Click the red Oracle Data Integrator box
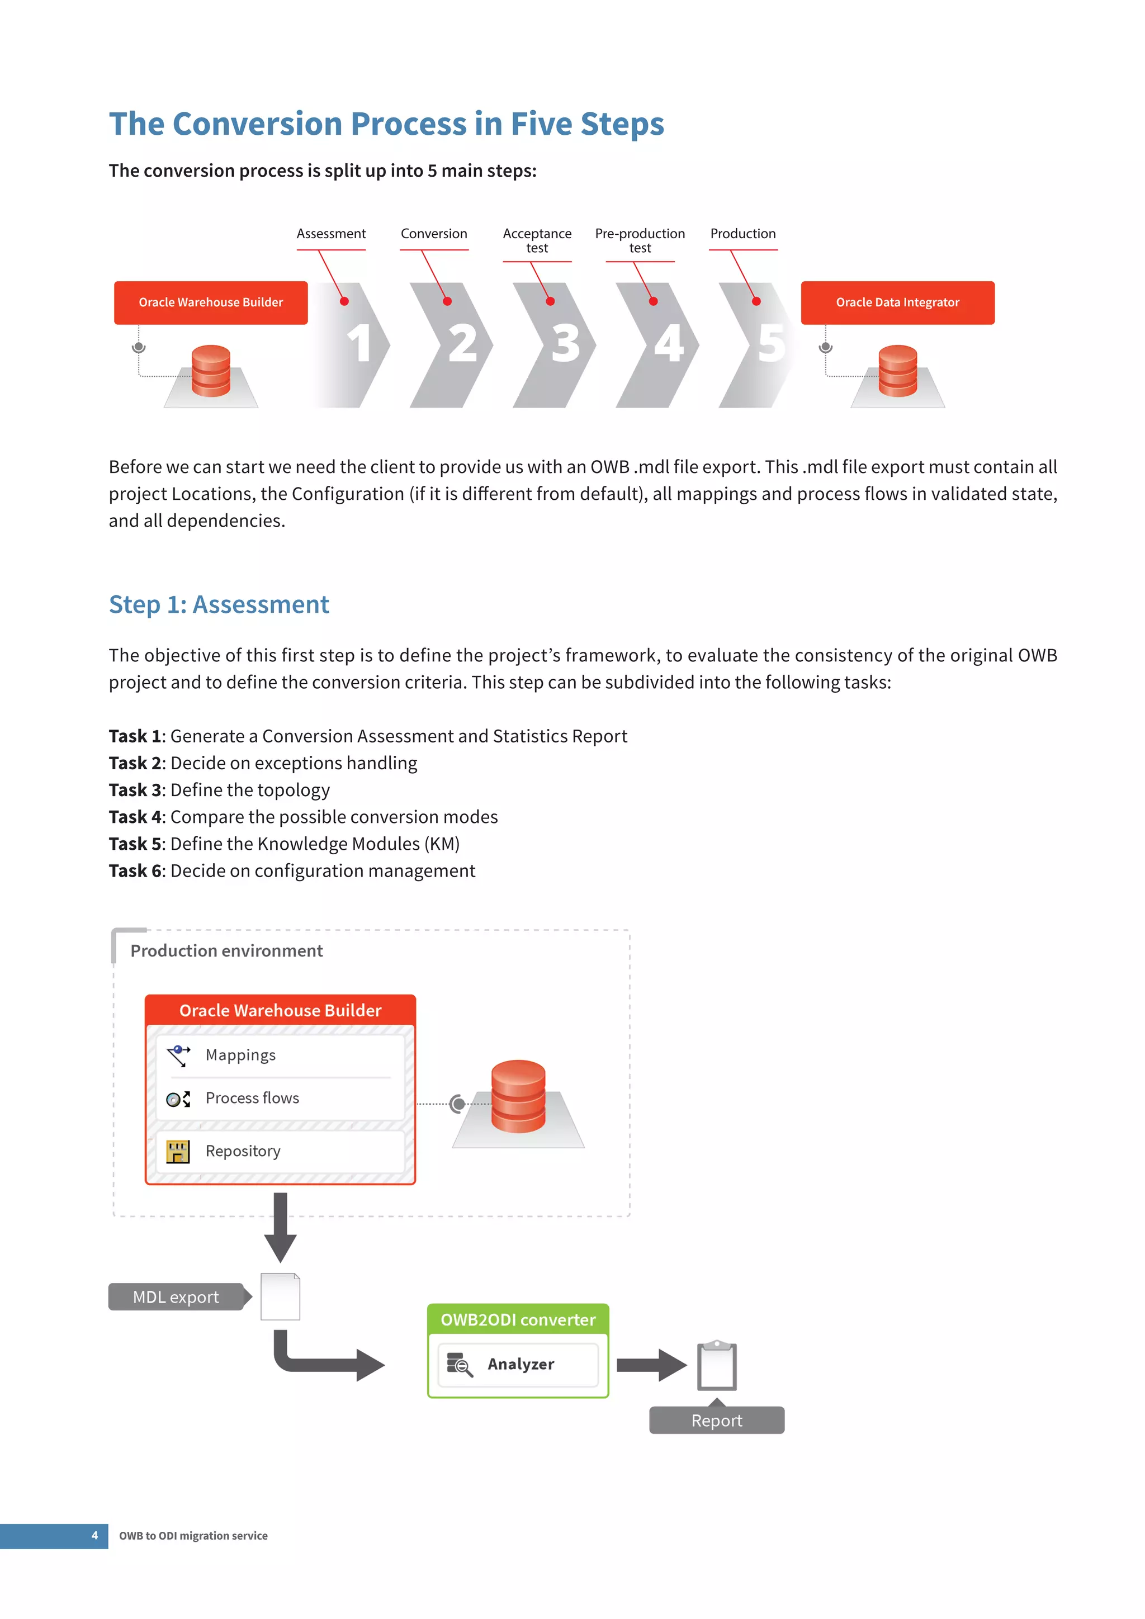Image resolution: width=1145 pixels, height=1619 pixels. (897, 302)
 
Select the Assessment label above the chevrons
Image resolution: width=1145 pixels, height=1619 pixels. (330, 233)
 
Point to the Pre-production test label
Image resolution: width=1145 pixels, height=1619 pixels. (640, 240)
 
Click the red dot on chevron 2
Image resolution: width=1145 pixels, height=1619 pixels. (447, 301)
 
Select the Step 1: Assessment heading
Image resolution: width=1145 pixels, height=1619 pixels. (219, 604)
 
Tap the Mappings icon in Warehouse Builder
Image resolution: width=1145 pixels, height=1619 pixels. (178, 1055)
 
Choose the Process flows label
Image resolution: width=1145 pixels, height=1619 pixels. (252, 1098)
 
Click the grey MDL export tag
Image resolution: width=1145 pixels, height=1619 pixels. (176, 1297)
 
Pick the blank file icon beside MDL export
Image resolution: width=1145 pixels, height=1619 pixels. (280, 1297)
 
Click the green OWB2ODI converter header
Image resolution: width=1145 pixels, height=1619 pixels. (518, 1319)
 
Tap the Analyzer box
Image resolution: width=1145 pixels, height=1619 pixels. (518, 1365)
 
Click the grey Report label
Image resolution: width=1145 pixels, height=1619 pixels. (716, 1420)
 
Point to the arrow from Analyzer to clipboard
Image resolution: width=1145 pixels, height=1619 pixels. (650, 1365)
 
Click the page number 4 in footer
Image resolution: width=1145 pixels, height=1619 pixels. (94, 1535)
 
